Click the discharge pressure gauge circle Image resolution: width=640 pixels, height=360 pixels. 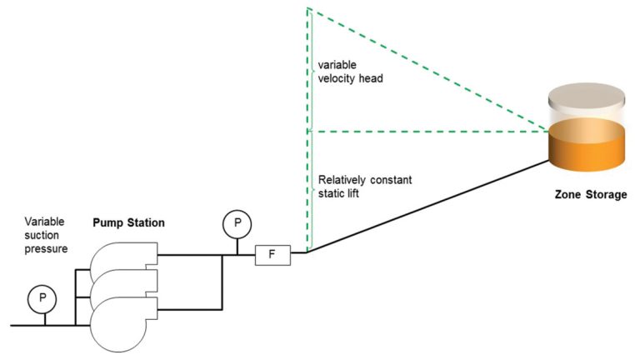[237, 223]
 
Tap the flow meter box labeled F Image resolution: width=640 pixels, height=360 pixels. [272, 253]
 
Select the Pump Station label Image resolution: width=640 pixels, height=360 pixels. [128, 223]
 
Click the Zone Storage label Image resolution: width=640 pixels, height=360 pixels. [590, 194]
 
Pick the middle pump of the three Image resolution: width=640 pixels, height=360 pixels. [125, 287]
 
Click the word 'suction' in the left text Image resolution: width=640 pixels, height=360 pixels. [42, 236]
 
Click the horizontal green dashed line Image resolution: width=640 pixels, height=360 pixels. [425, 131]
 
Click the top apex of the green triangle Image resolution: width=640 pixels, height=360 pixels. [308, 9]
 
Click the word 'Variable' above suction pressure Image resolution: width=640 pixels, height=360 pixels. [44, 222]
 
